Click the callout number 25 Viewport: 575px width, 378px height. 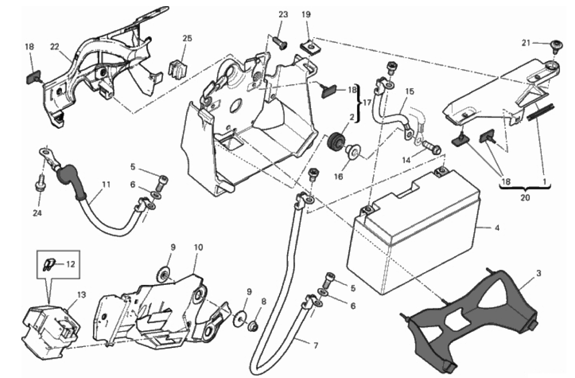pyautogui.click(x=187, y=38)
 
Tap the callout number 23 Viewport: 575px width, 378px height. pyautogui.click(x=283, y=15)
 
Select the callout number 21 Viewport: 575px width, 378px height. pyautogui.click(x=526, y=43)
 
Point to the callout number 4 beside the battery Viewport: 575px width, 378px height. pyautogui.click(x=497, y=228)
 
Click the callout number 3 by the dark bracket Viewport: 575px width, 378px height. pyautogui.click(x=538, y=273)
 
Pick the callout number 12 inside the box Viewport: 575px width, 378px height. pyautogui.click(x=70, y=264)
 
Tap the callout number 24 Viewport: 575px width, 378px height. pyautogui.click(x=38, y=213)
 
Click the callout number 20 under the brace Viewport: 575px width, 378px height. pyautogui.click(x=525, y=197)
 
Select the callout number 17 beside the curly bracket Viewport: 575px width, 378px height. pyautogui.click(x=367, y=102)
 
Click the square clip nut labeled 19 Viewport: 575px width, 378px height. pyautogui.click(x=309, y=48)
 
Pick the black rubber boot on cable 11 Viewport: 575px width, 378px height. pyautogui.click(x=70, y=183)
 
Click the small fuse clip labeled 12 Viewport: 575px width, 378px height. pyautogui.click(x=48, y=265)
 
